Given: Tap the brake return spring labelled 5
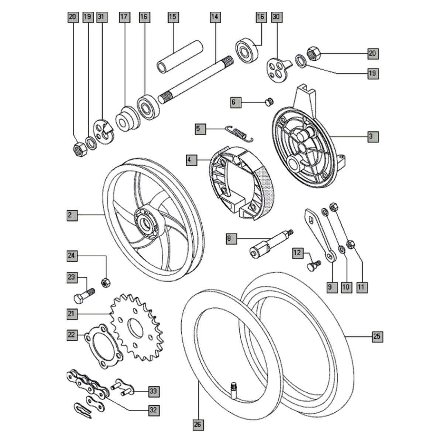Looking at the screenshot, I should pos(239,133).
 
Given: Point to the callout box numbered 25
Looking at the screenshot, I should pos(377,337).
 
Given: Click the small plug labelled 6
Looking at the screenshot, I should pos(269,101).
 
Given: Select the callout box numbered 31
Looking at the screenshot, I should pos(101,17).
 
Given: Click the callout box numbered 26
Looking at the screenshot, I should pos(198,425).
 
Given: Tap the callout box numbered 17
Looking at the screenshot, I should pos(124,17).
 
